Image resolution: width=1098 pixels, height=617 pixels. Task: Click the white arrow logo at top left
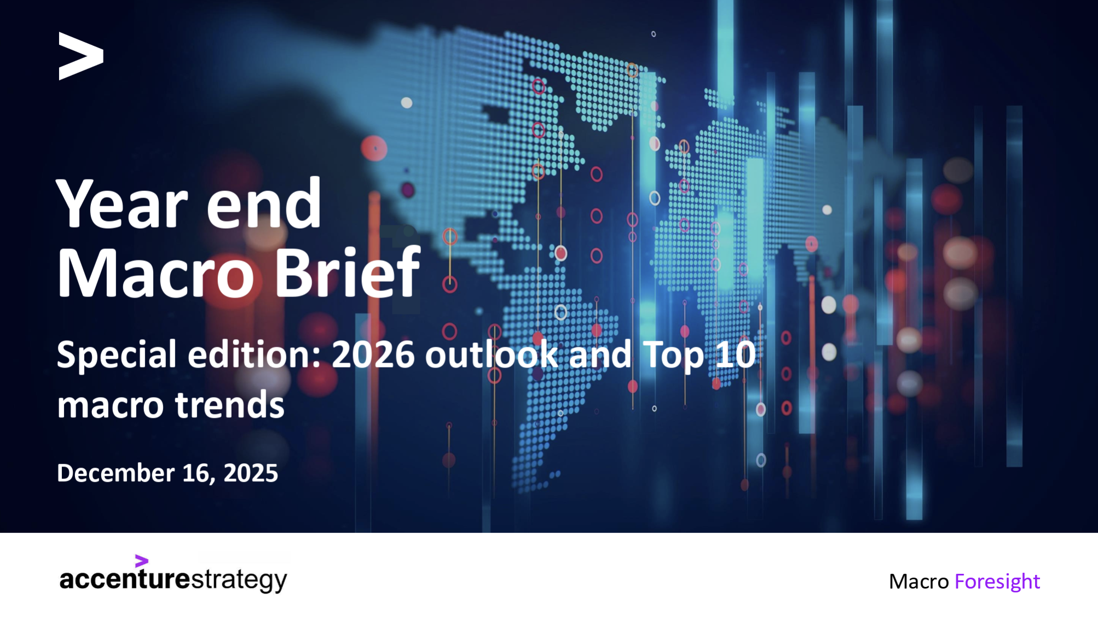point(80,56)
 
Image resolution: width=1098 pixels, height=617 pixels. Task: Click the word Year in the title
point(122,204)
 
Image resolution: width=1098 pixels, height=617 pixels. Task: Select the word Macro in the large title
point(155,272)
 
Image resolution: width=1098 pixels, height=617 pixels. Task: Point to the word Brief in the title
point(347,272)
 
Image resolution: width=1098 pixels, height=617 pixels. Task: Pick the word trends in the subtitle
point(229,405)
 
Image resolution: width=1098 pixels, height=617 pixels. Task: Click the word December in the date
point(115,473)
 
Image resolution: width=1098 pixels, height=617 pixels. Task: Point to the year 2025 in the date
point(251,473)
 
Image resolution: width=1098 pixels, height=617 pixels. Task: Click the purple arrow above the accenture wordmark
point(141,561)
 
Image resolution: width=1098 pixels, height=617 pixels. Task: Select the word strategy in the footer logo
point(239,580)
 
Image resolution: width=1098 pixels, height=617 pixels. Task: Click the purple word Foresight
point(997,581)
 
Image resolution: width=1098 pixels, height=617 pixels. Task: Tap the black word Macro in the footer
point(918,581)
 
